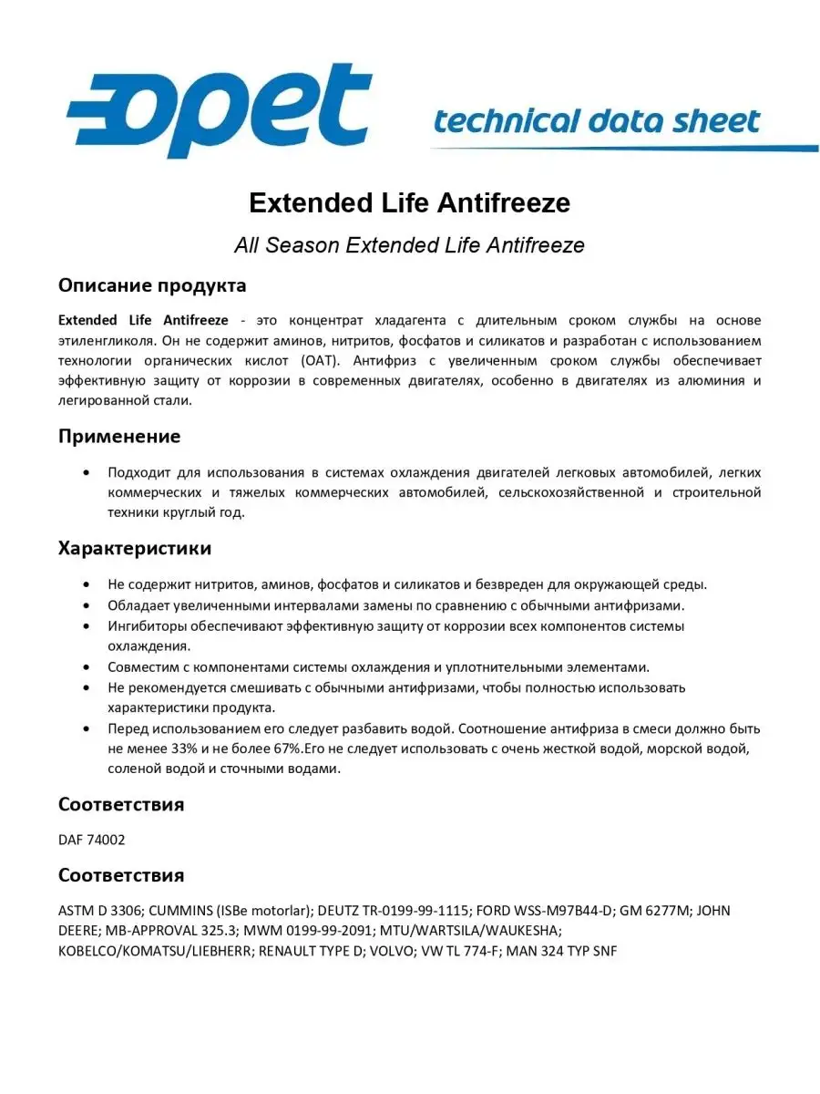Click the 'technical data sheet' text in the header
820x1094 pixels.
point(597,121)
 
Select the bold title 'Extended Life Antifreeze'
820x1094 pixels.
point(409,202)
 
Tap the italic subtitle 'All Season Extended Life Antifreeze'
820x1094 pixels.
point(409,245)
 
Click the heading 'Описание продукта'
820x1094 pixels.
point(152,285)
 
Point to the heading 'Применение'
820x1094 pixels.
point(119,436)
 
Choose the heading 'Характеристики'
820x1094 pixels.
point(135,548)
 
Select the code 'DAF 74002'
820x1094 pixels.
point(91,840)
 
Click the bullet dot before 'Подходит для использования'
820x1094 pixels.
point(86,472)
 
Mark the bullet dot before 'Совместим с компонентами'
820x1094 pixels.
point(86,666)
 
